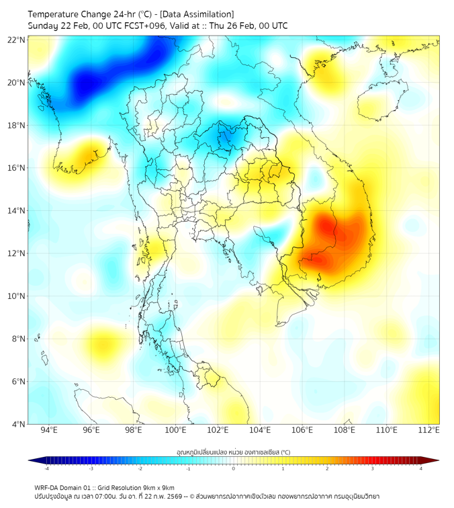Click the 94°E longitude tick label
pos(49,430)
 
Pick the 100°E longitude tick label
pos(175,430)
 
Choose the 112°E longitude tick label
pos(429,430)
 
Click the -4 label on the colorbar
pos(46,468)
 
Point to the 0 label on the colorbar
pos(234,468)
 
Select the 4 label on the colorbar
pos(420,468)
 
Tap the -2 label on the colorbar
pos(140,468)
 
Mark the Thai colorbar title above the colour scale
pos(233,452)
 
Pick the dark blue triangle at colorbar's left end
pos(32,460)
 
